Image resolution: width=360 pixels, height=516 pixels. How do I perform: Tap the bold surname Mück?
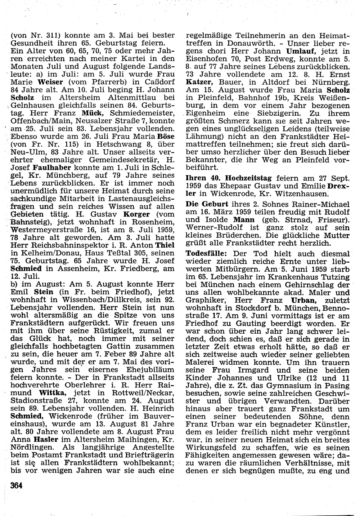(92, 112)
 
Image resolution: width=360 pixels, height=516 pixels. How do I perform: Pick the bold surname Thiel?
(165, 246)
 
